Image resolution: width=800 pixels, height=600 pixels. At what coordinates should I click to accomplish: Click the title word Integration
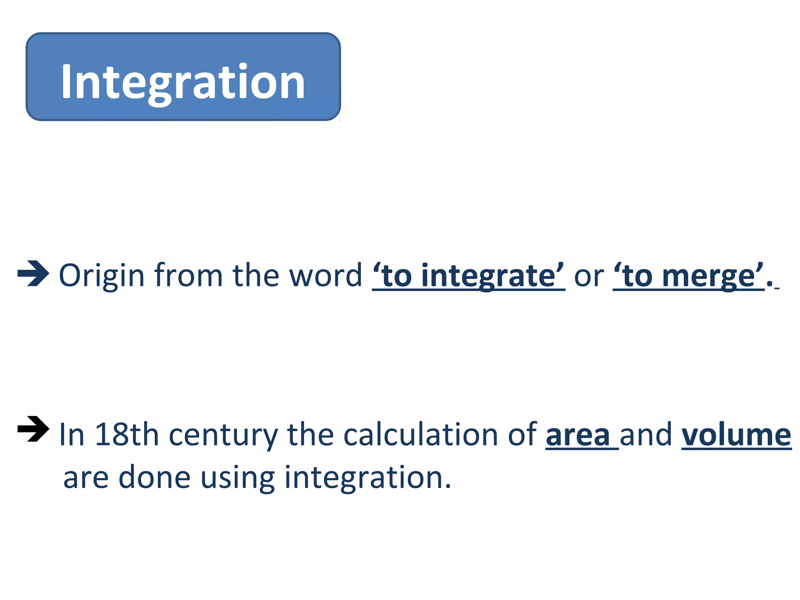pyautogui.click(x=183, y=82)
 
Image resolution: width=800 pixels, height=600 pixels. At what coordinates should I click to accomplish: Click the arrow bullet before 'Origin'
pyautogui.click(x=34, y=273)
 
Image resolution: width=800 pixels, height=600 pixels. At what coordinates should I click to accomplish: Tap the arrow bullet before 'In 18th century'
pyautogui.click(x=34, y=429)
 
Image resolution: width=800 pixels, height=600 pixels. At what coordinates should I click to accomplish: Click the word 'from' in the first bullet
pyautogui.click(x=188, y=276)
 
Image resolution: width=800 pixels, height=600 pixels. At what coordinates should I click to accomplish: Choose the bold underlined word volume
pyautogui.click(x=736, y=434)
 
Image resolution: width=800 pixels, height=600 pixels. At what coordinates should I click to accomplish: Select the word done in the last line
pyautogui.click(x=154, y=477)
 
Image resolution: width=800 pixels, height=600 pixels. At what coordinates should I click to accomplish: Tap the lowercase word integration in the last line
pyautogui.click(x=367, y=477)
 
